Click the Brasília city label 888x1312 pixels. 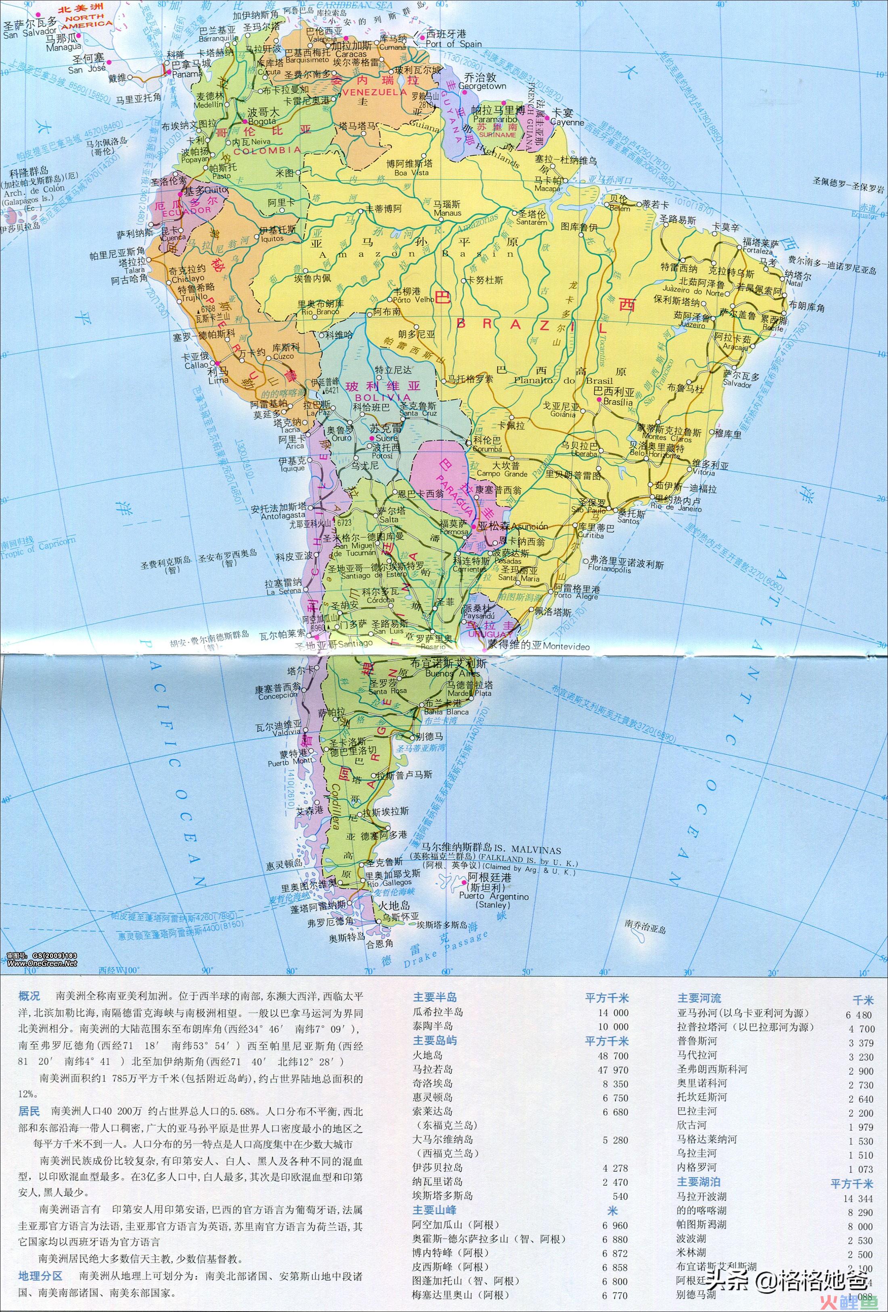[618, 402]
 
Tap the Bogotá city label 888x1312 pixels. [262, 121]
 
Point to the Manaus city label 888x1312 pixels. [447, 213]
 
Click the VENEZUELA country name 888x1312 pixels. [374, 92]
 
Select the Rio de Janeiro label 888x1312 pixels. [676, 508]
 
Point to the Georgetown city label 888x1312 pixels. [482, 86]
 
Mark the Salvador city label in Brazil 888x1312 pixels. [737, 384]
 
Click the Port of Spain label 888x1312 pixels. [454, 44]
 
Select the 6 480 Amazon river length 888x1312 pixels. [859, 1015]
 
